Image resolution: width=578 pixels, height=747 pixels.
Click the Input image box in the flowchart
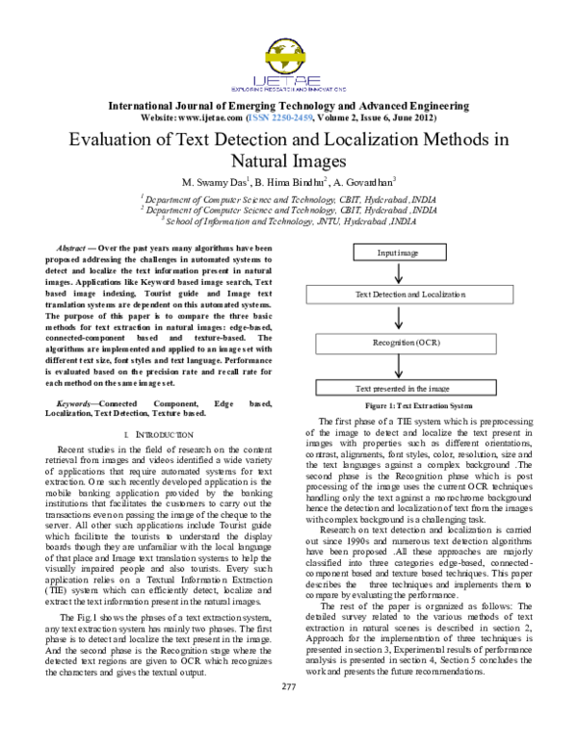[x=398, y=253]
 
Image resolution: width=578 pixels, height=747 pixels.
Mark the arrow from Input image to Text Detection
[x=399, y=273]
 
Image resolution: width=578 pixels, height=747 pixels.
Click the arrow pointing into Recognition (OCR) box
[x=399, y=319]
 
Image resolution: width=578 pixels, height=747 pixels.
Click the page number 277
[x=287, y=712]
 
